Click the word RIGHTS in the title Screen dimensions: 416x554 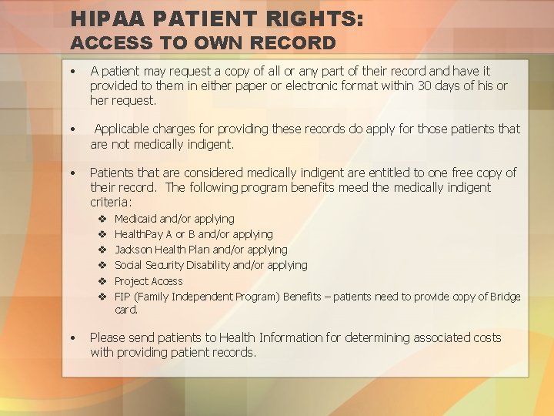coord(315,18)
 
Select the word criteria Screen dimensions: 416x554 coord(111,202)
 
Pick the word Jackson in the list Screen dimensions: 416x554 coord(134,250)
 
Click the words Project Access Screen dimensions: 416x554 coord(149,281)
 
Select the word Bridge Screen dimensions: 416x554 coord(505,297)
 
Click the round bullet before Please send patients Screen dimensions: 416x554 coord(72,337)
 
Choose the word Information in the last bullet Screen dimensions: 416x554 coord(288,337)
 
